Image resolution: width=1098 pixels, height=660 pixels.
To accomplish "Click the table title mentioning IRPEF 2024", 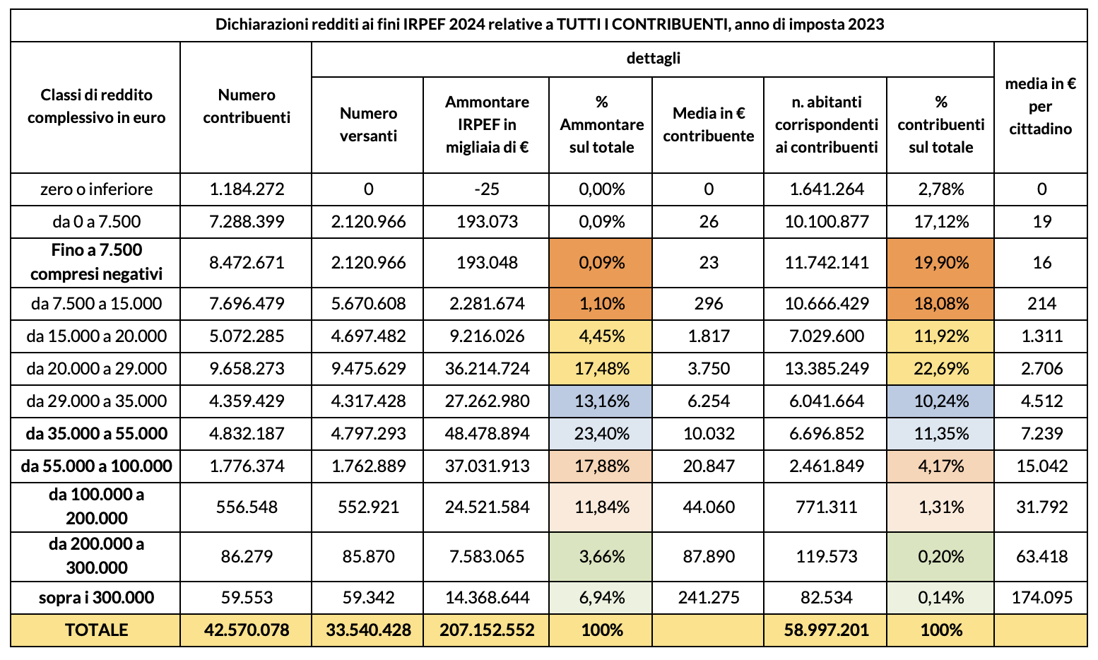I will (549, 25).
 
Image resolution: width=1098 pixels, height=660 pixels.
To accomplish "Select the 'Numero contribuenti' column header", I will (247, 107).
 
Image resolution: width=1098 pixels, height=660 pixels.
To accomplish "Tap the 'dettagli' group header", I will (653, 59).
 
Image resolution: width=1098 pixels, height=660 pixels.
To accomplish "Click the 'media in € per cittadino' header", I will (1040, 107).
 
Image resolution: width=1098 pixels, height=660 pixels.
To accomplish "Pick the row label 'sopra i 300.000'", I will (96, 598).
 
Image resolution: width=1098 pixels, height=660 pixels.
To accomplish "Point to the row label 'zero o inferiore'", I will (96, 189).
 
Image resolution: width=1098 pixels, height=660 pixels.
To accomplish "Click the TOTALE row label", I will (96, 630).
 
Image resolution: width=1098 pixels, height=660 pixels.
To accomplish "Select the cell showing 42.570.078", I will (247, 630).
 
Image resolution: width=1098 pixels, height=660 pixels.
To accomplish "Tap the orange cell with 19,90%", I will (940, 263).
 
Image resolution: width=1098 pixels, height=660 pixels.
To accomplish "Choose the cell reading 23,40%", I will (601, 433).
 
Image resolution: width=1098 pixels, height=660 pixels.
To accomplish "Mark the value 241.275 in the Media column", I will (708, 598).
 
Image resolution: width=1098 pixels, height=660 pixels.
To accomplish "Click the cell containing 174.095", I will (1040, 598).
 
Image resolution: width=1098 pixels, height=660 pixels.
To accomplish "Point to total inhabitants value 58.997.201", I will (825, 630).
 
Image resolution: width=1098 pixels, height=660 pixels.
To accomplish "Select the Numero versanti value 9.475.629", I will (368, 368).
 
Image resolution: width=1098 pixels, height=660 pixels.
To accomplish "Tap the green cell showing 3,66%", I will (601, 556).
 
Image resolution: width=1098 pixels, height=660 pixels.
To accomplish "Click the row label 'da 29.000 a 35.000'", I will (96, 401).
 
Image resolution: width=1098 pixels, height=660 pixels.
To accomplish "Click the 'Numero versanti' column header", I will (368, 124).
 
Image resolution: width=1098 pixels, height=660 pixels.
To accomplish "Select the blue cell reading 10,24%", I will (940, 401).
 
